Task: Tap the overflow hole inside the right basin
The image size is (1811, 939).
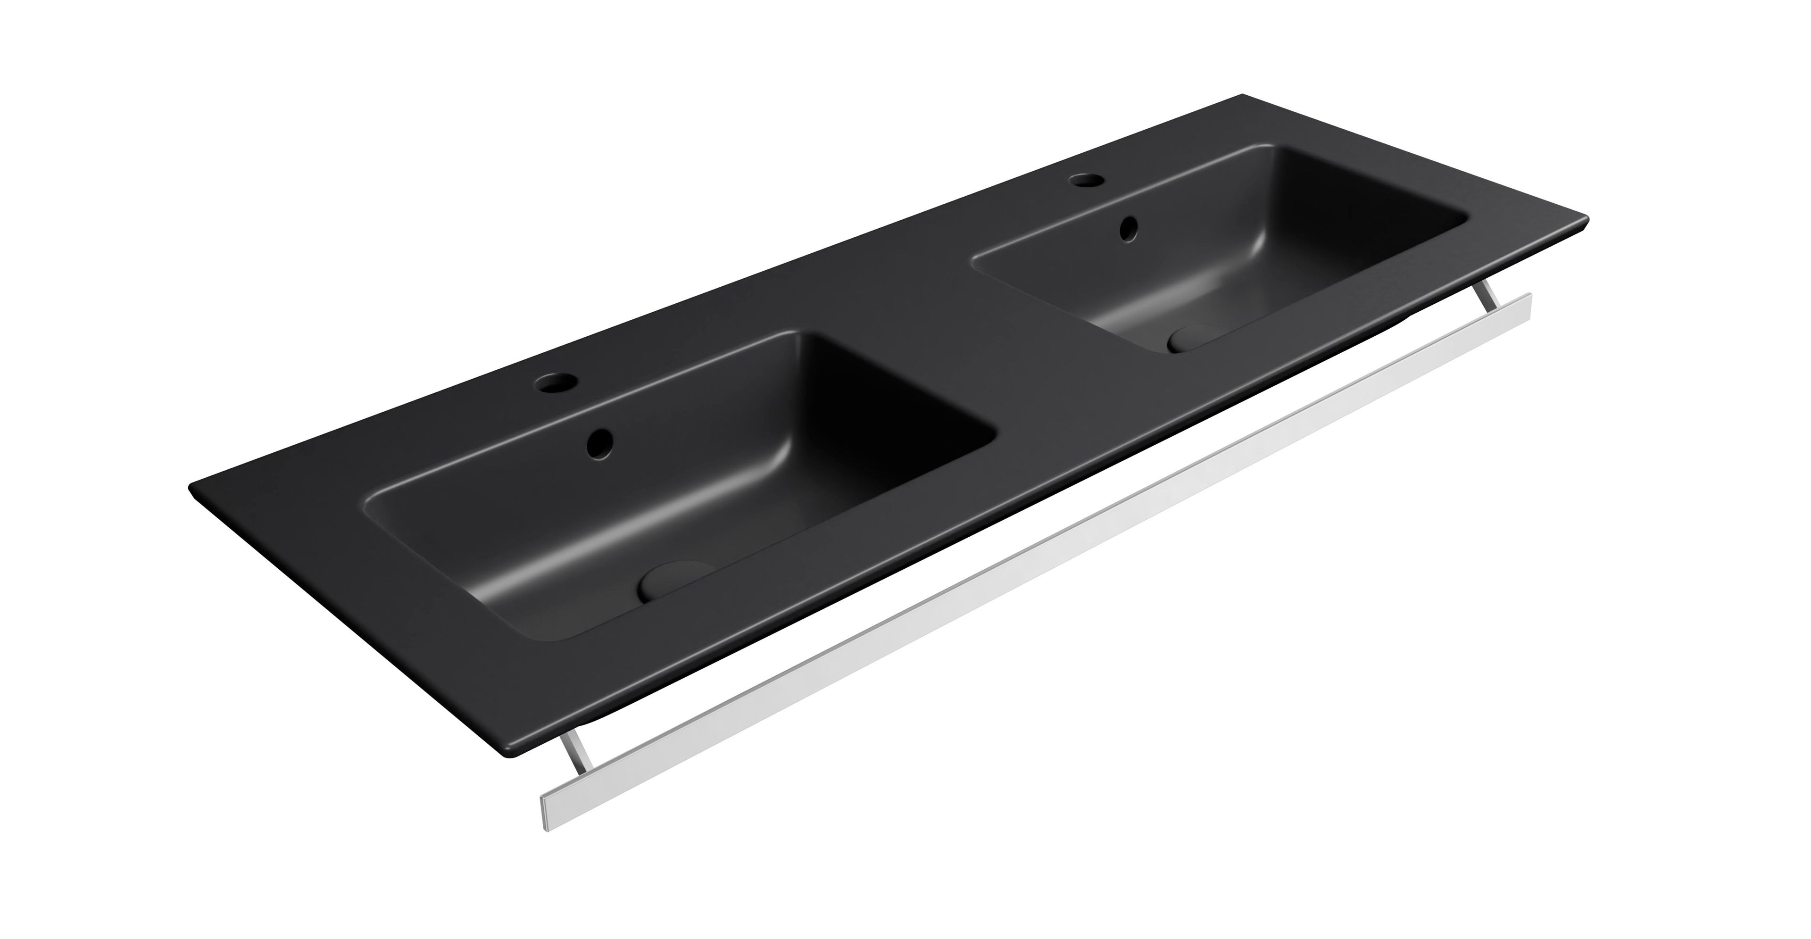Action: coord(1129,228)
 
